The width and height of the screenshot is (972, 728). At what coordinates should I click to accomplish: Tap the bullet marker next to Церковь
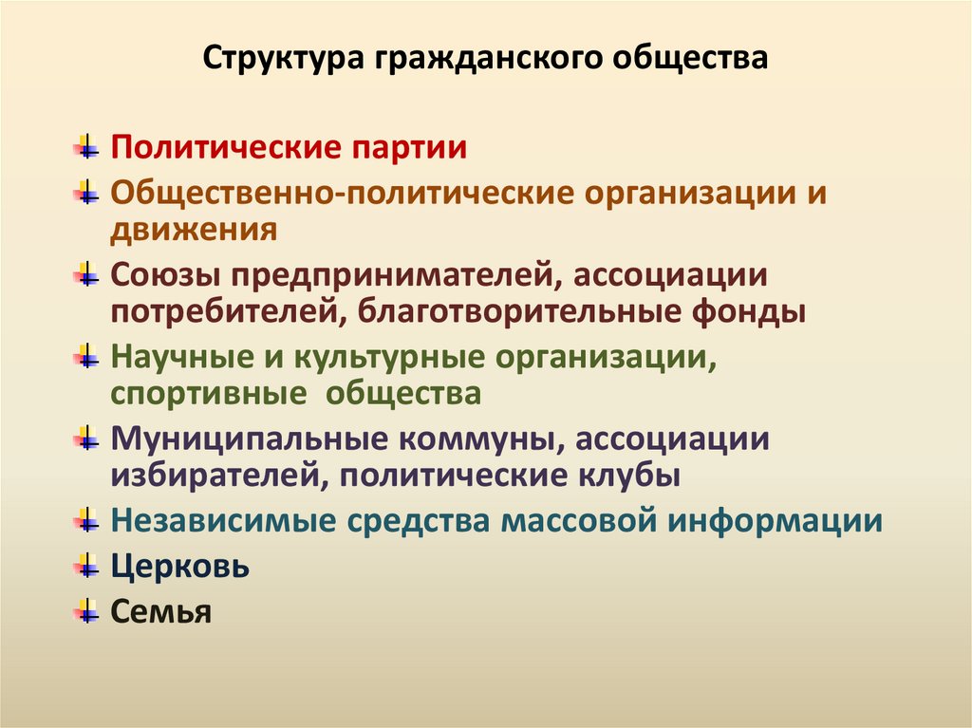pos(87,567)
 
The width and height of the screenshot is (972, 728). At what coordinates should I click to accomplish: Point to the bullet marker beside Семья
pos(87,610)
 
